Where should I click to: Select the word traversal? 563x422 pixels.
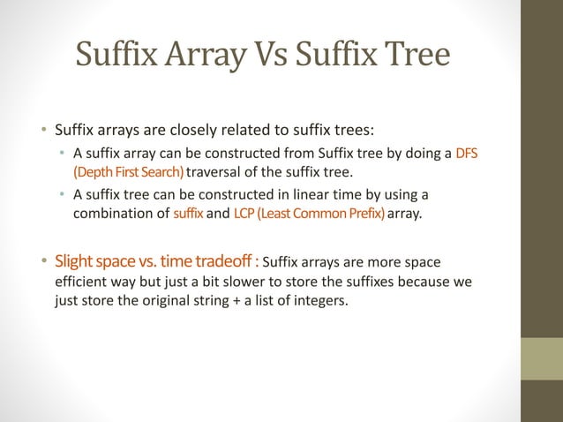[215, 170]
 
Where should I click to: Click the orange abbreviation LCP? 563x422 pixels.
[244, 212]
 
